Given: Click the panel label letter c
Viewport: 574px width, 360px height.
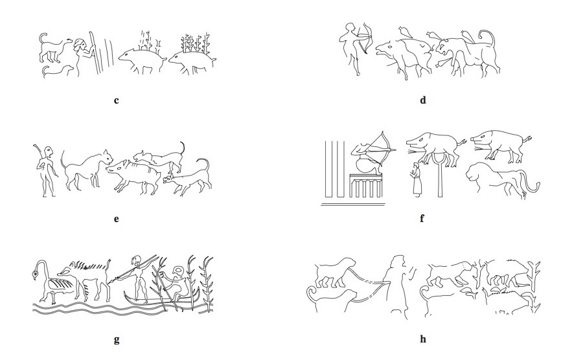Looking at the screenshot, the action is (117, 100).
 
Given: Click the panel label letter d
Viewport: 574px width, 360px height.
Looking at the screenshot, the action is (423, 100).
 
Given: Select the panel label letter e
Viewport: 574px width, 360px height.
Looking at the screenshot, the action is (117, 219).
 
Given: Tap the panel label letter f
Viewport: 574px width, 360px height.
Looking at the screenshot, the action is (422, 218).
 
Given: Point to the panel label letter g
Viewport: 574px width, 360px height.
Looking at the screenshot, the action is (117, 340).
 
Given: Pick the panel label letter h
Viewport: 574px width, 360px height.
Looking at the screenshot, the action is (423, 339).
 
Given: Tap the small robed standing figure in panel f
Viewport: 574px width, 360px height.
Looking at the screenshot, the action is (415, 180).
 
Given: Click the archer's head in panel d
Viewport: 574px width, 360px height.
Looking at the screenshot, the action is (349, 29).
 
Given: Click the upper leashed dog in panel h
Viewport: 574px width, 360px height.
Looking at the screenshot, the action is (334, 273).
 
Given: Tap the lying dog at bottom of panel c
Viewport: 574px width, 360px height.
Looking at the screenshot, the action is (58, 71).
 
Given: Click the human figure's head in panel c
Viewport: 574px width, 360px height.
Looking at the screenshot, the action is (80, 45).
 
